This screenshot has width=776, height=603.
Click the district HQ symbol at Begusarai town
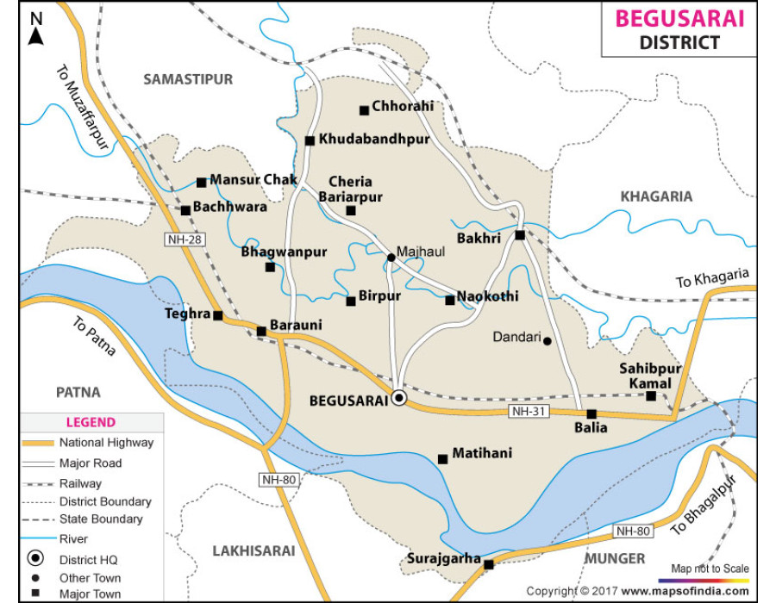[x=398, y=398]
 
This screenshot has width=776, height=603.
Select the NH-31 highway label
[x=527, y=412]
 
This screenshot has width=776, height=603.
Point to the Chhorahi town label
[x=403, y=107]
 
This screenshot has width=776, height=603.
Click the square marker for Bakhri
[x=520, y=235]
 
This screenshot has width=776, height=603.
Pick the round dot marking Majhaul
[x=391, y=257]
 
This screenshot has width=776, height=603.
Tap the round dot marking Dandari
[x=547, y=341]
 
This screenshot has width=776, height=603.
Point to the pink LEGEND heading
[x=91, y=423]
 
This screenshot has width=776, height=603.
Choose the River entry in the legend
[x=73, y=539]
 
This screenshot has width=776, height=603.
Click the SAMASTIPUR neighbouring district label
[x=188, y=79]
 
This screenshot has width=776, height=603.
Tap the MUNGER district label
[x=616, y=558]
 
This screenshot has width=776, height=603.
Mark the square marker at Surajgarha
[x=489, y=565]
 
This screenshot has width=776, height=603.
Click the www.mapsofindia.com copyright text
[x=685, y=591]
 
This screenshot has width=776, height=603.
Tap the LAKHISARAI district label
[x=253, y=550]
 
